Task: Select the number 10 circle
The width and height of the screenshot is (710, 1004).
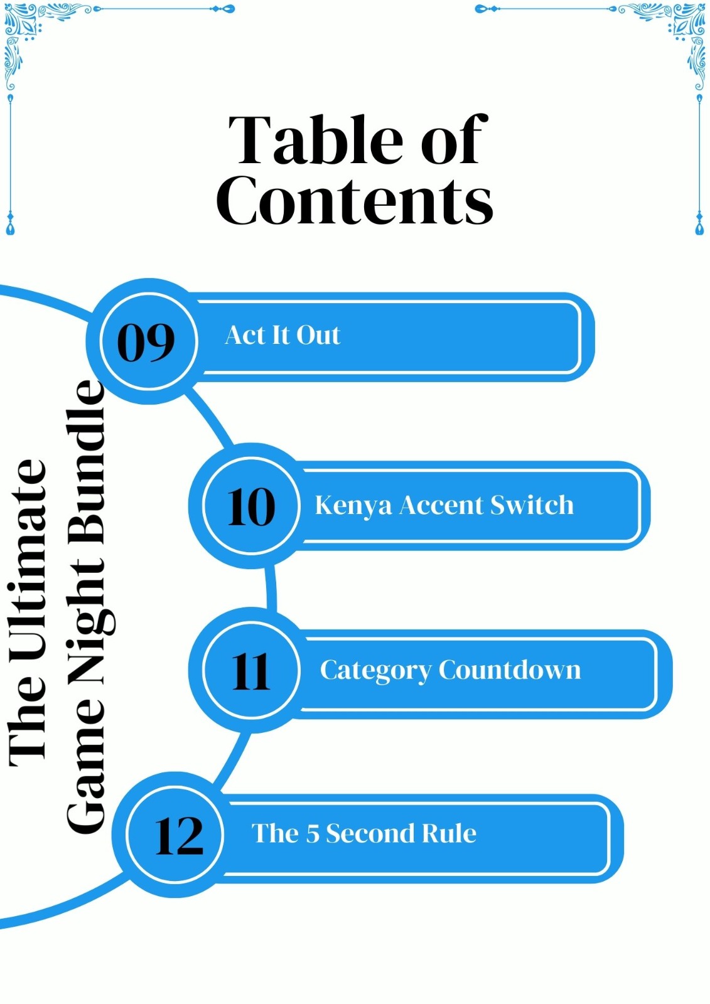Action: click(251, 506)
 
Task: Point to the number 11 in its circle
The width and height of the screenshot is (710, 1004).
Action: click(251, 671)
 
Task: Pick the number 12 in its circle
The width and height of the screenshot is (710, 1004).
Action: click(179, 836)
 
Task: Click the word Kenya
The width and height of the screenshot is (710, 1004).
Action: click(353, 506)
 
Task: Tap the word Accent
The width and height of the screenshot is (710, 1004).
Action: click(441, 505)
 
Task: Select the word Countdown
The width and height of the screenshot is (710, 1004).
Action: click(510, 670)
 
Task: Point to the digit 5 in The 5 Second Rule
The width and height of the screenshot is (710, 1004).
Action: click(312, 833)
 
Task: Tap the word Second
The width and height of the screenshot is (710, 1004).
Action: click(370, 833)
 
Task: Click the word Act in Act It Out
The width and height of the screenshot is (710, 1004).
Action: click(245, 335)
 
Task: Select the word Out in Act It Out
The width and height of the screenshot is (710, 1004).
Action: click(318, 335)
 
